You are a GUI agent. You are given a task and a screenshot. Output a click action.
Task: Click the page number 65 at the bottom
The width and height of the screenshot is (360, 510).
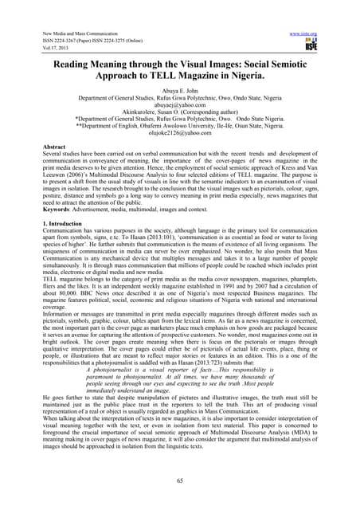[x=180, y=482]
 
